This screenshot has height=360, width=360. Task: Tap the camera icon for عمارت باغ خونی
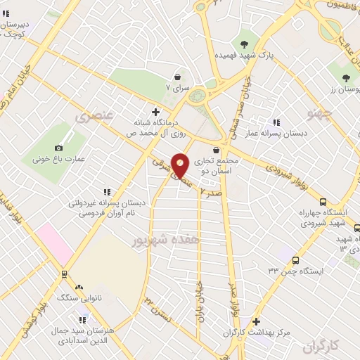[58, 148]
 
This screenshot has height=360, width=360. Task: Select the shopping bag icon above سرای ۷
[178, 76]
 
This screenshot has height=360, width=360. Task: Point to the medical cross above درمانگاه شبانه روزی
[155, 111]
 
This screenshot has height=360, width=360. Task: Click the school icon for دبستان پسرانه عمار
[276, 122]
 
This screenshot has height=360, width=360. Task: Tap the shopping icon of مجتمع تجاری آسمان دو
[215, 150]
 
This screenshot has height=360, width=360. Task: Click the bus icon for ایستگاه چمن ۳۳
[295, 259]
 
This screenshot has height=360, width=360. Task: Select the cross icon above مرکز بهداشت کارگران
[257, 321]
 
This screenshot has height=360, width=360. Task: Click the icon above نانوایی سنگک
[79, 287]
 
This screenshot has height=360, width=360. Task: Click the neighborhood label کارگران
[322, 345]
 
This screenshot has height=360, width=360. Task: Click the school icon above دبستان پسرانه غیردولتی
[107, 191]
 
